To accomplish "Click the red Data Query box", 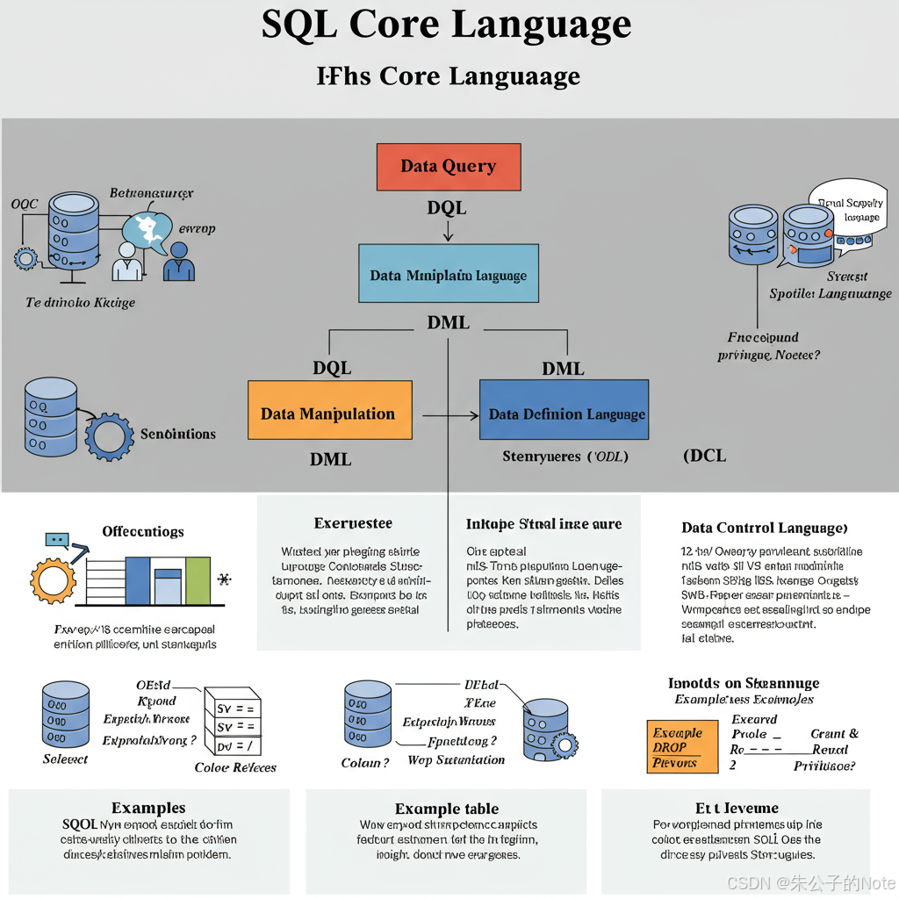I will click(x=448, y=167).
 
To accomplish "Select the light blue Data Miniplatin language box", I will click(x=449, y=275).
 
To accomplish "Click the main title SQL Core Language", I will click(x=446, y=25).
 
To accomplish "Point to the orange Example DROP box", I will click(x=675, y=747).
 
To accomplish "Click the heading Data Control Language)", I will click(x=764, y=528).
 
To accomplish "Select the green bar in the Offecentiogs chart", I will click(x=198, y=580).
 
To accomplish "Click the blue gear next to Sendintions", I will click(x=109, y=435).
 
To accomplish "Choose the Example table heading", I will click(x=447, y=809).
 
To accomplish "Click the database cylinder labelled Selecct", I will click(x=66, y=715).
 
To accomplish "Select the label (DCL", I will click(x=704, y=456).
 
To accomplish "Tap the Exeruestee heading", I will click(x=353, y=524).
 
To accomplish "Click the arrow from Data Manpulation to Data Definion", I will click(x=449, y=414).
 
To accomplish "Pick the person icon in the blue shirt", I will click(x=179, y=262).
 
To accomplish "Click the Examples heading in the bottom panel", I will click(x=148, y=808).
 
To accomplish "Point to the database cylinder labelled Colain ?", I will click(x=368, y=715).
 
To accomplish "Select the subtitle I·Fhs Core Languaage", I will click(x=448, y=76).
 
